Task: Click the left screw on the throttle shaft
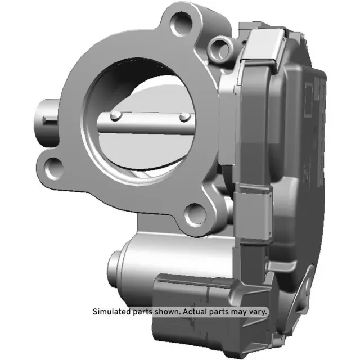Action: click(115, 116)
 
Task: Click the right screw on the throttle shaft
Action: click(184, 116)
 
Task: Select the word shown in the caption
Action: click(169, 311)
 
